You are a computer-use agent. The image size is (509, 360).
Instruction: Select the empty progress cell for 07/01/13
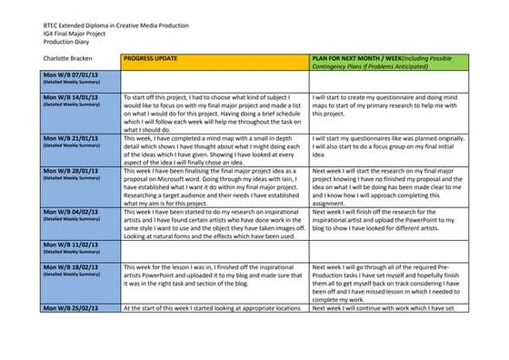click(214, 79)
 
